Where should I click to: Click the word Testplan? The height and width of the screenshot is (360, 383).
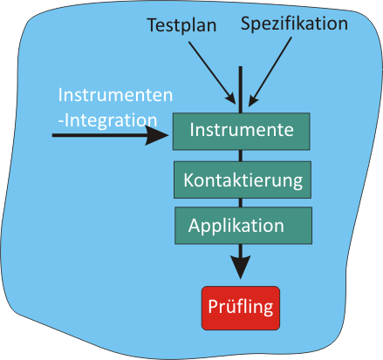tap(182, 25)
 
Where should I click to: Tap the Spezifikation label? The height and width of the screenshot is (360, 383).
tap(294, 24)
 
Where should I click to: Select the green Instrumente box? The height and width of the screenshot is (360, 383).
tap(241, 132)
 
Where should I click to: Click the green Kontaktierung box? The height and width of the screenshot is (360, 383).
tap(243, 180)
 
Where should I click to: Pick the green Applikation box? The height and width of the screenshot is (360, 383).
tap(243, 226)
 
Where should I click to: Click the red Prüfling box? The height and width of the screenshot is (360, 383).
tap(241, 308)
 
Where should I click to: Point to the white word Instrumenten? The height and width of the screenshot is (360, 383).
tap(115, 95)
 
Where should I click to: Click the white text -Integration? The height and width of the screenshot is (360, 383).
tap(107, 120)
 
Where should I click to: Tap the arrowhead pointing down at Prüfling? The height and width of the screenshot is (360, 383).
tap(241, 268)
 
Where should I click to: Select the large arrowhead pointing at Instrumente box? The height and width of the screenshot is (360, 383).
tap(157, 135)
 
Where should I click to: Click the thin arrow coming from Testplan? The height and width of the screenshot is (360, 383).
tap(212, 72)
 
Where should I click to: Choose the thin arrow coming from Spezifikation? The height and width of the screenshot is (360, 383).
tap(270, 71)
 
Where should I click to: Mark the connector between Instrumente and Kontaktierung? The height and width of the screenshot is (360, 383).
tap(241, 156)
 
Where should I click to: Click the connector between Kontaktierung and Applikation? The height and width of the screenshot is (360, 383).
tap(241, 203)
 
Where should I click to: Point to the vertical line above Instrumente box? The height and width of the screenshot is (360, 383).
tap(241, 90)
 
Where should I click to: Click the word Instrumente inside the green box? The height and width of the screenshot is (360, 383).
tap(242, 130)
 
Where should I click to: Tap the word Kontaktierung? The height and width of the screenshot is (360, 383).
tap(243, 180)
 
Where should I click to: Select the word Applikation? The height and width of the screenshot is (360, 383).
tap(236, 226)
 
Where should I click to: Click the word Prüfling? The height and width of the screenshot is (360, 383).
tap(241, 307)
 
